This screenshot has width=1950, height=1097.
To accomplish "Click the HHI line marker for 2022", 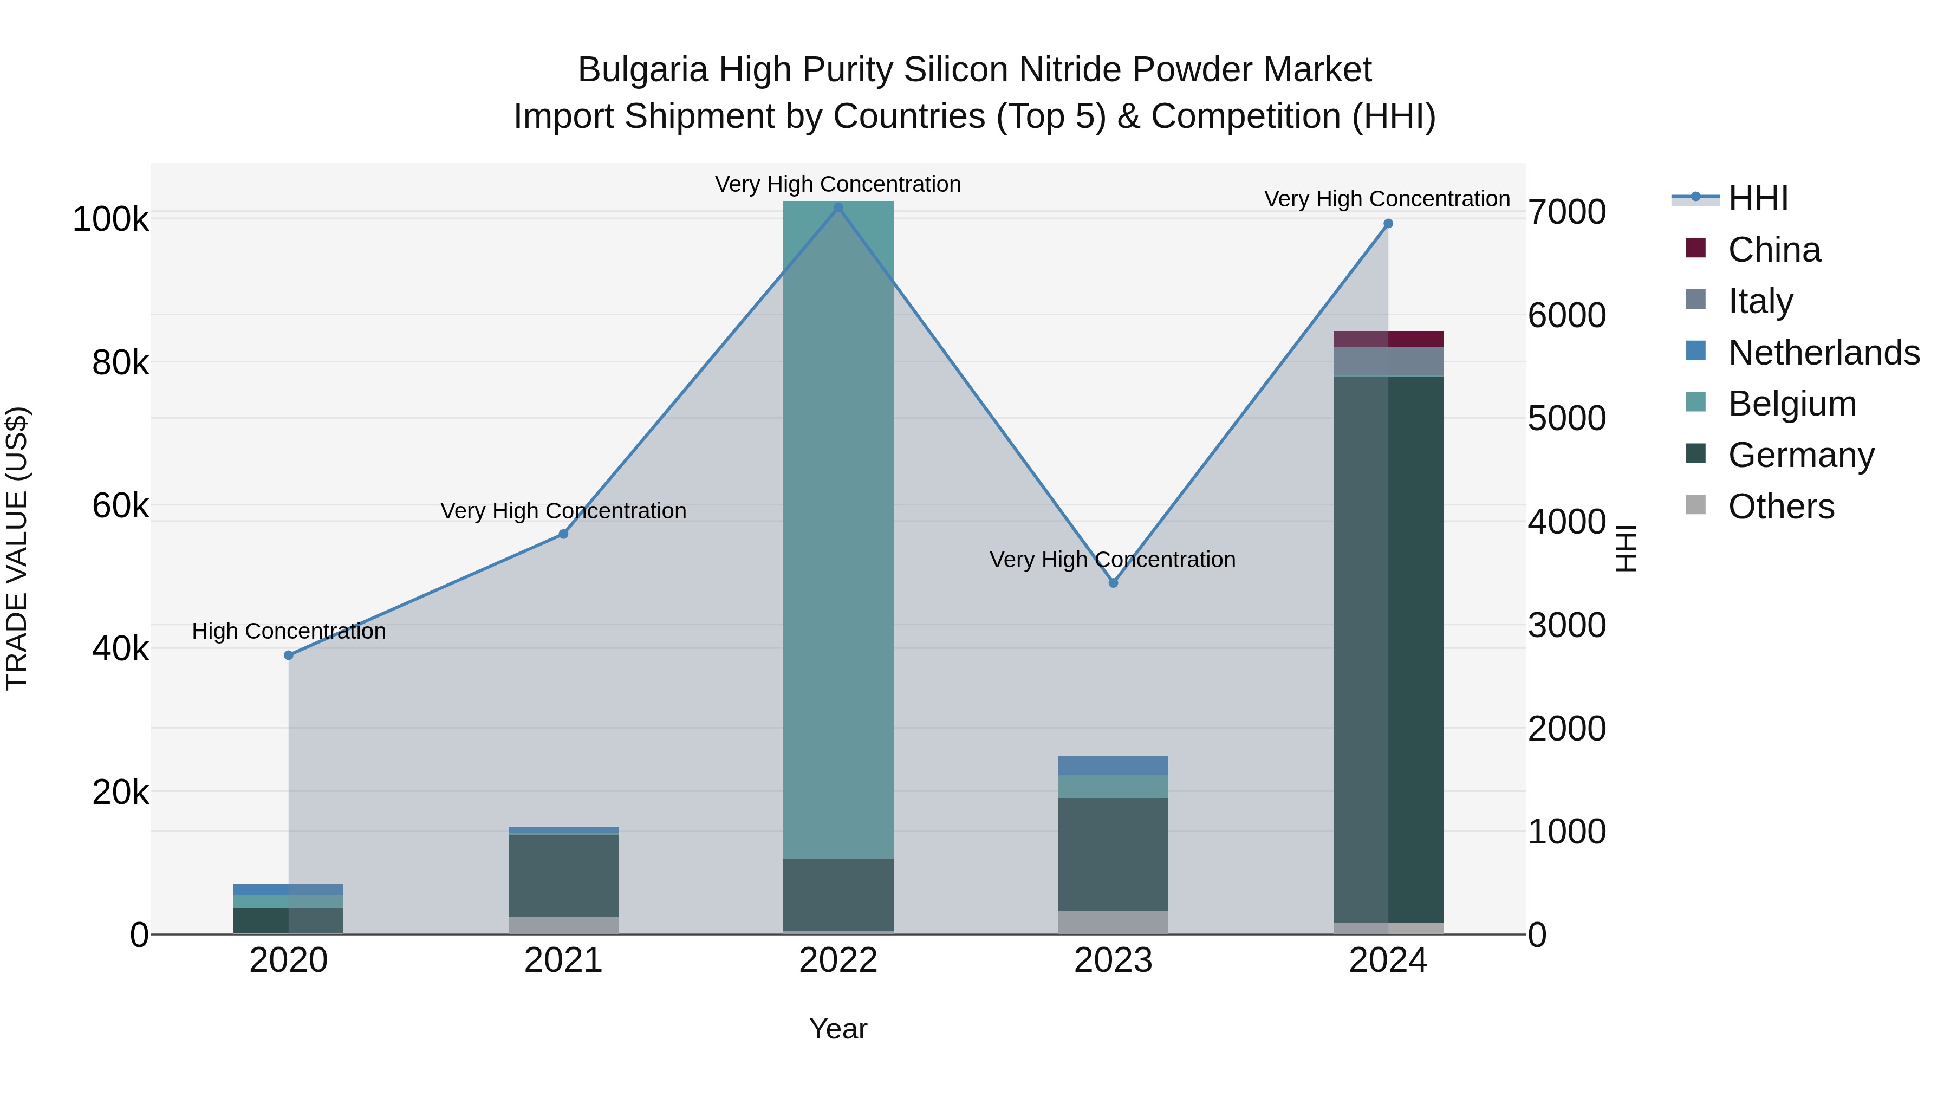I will (x=838, y=207).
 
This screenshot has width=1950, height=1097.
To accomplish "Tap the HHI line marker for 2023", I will (x=1113, y=583).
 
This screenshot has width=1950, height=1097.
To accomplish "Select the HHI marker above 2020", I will (x=288, y=655).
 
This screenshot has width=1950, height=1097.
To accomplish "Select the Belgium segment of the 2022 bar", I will (x=838, y=530).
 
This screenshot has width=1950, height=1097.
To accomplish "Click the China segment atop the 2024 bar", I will (x=1388, y=339).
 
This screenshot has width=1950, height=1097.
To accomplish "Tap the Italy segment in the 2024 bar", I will (x=1388, y=362).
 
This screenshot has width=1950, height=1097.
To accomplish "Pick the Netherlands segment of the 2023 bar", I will (x=1113, y=765).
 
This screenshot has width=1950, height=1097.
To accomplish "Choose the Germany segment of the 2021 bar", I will (x=563, y=875).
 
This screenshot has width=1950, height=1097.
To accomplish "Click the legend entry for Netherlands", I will (x=1823, y=353).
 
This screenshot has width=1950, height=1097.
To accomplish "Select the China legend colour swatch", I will (x=1695, y=248).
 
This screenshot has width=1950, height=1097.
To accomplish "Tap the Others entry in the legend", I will (x=1780, y=507).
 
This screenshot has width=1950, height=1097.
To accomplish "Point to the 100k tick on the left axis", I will (x=110, y=219).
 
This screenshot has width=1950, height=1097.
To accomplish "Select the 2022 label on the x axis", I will (x=838, y=960).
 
